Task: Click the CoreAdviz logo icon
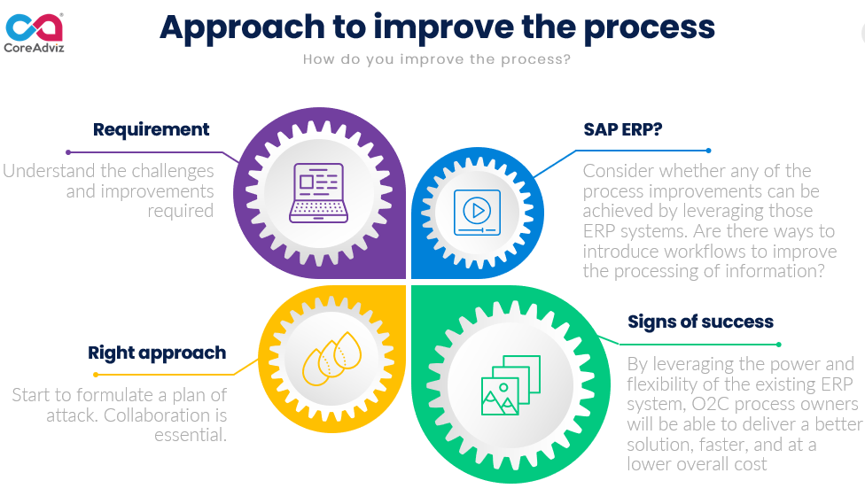click(x=35, y=25)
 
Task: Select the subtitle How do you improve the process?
click(x=436, y=60)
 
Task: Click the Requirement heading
click(x=151, y=129)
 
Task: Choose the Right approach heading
click(x=157, y=353)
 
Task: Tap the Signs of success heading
click(x=700, y=322)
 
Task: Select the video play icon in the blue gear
click(x=477, y=212)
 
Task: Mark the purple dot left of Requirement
click(x=67, y=151)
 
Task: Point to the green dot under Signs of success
click(x=779, y=344)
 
